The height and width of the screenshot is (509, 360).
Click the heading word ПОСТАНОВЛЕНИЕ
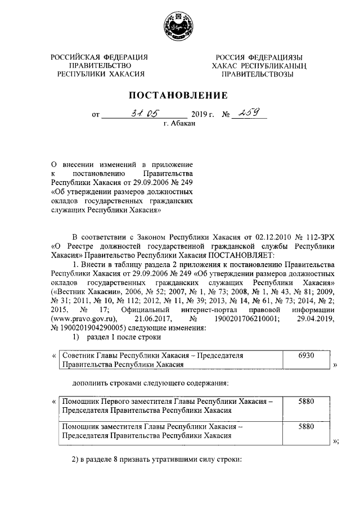point(179,95)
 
